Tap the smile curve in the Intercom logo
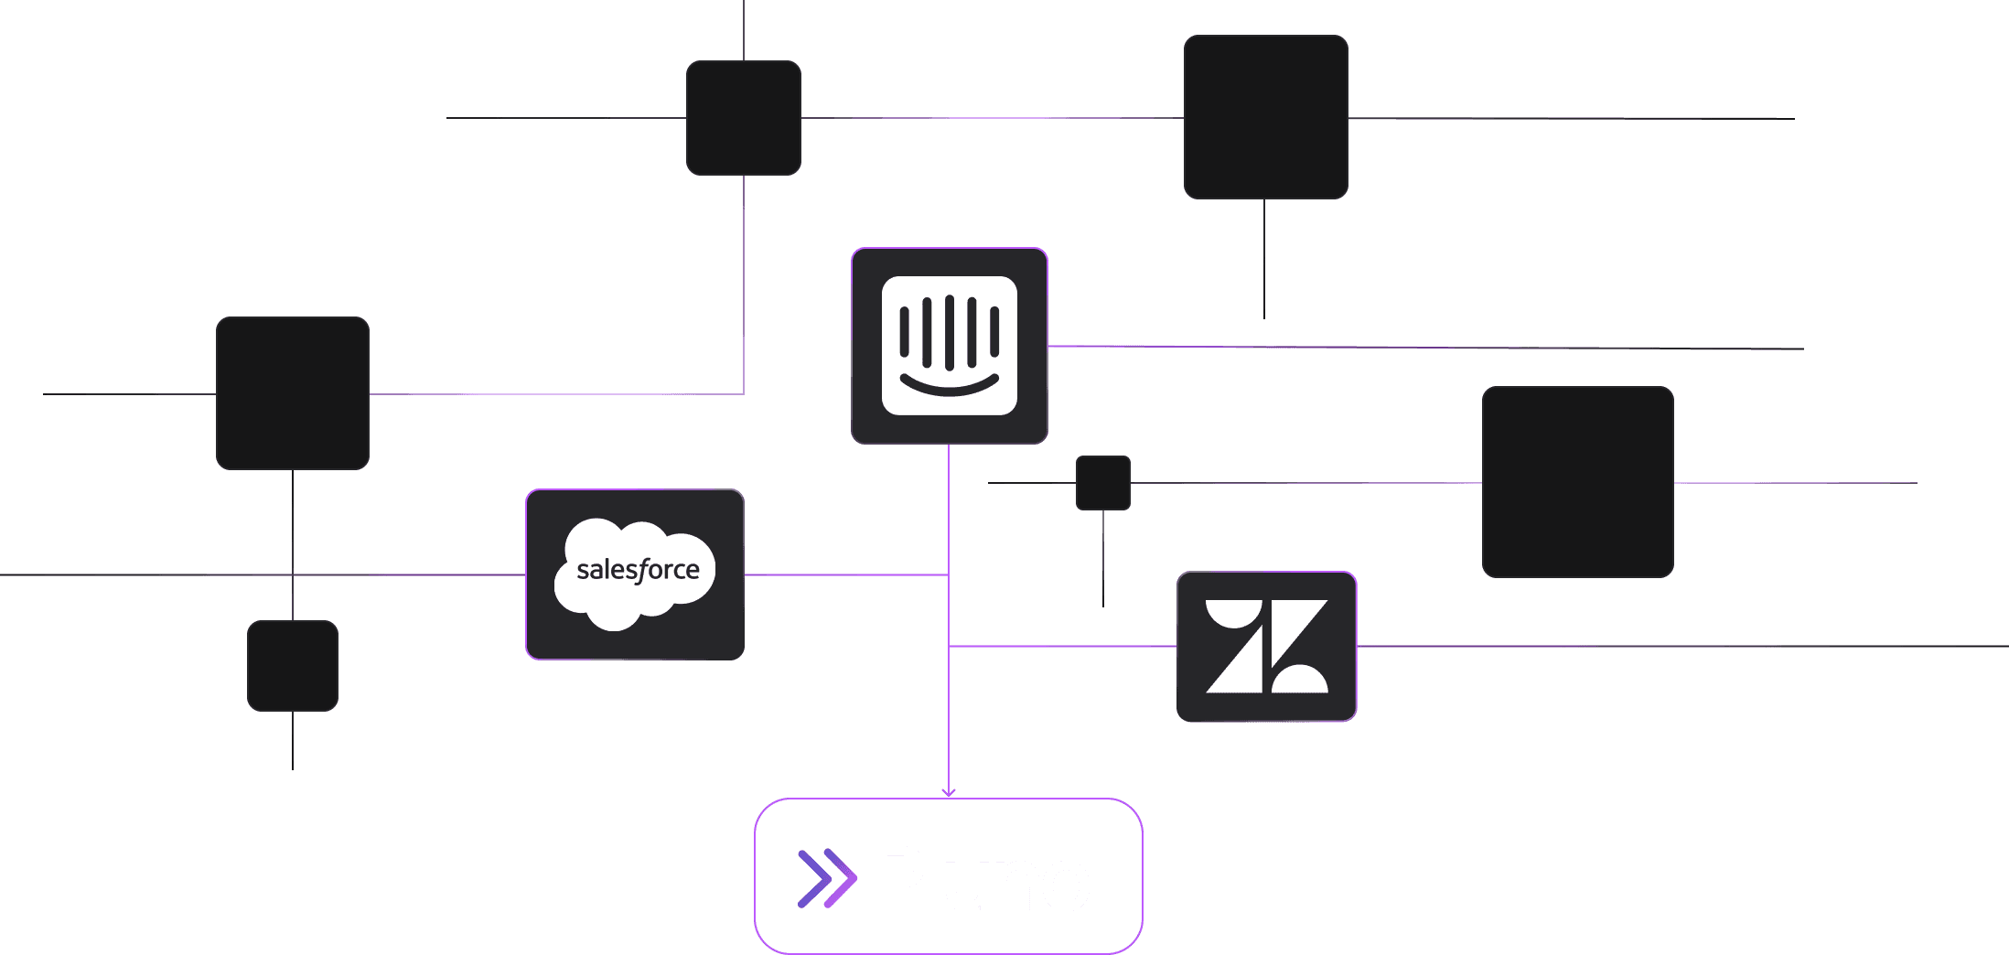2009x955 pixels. (x=949, y=387)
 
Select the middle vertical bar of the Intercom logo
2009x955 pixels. (x=949, y=330)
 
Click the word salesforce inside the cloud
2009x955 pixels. (x=638, y=570)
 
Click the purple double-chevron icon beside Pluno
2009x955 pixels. (x=827, y=879)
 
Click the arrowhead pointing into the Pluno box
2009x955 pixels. (x=949, y=792)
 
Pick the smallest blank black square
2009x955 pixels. (x=1103, y=483)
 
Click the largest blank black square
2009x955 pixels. (x=1577, y=482)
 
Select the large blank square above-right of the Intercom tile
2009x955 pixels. (x=1265, y=117)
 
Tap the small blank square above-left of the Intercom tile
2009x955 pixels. (x=744, y=118)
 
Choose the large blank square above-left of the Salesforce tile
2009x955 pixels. (x=293, y=393)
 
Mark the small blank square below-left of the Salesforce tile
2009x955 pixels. (x=293, y=666)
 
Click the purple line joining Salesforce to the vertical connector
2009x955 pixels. (x=846, y=574)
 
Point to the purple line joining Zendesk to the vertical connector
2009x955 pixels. (x=1061, y=647)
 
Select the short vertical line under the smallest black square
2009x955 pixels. (x=1103, y=558)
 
